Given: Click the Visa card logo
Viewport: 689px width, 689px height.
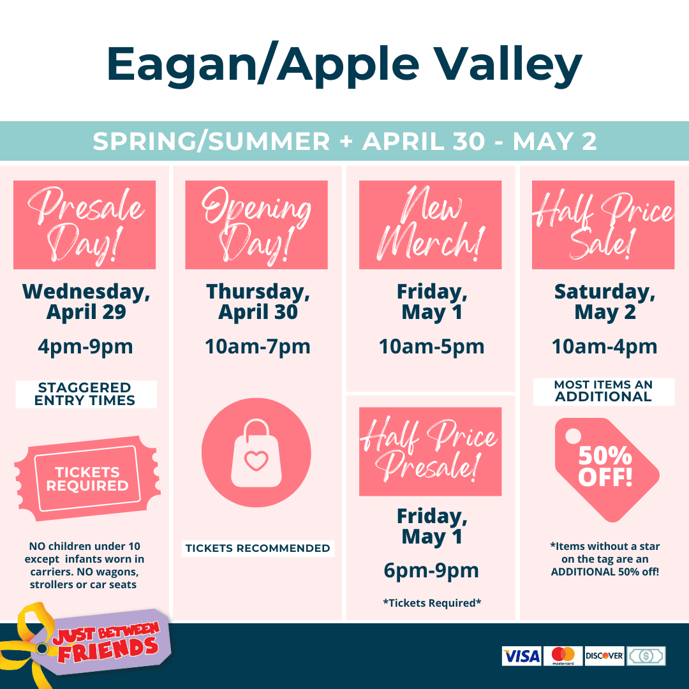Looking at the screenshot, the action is [522, 656].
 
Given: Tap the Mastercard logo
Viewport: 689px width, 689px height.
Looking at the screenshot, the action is [563, 656].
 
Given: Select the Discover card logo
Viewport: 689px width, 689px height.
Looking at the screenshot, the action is [604, 656].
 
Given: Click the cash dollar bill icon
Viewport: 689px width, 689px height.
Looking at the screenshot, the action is [646, 656].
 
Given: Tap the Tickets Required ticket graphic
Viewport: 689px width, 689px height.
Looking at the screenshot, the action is [87, 478].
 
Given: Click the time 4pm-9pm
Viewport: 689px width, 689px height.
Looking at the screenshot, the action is [85, 347].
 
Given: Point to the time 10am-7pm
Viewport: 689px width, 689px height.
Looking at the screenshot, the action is [258, 346].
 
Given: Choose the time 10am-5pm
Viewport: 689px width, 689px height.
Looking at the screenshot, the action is [431, 346].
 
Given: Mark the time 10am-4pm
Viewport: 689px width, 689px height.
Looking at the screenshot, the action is [605, 346].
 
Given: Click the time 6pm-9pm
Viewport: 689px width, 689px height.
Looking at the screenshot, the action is [431, 571].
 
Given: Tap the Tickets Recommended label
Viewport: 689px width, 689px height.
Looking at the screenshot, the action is [258, 549].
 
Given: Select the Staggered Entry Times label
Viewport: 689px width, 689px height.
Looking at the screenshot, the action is [86, 394].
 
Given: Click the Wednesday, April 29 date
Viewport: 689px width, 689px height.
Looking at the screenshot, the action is [86, 302].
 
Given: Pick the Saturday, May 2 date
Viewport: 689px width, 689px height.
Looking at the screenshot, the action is [605, 302].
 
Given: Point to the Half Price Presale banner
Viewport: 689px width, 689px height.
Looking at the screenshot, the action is [430, 452].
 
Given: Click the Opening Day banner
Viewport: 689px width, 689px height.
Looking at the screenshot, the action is [256, 225].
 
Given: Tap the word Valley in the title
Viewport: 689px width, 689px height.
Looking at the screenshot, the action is [508, 66].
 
